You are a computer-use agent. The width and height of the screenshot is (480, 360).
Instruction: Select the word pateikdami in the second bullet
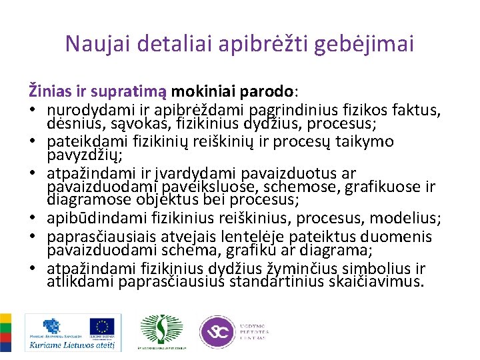tap(83, 142)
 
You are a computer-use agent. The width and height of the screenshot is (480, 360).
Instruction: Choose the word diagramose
tap(86, 199)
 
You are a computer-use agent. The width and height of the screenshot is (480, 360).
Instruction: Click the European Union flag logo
tap(103, 327)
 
